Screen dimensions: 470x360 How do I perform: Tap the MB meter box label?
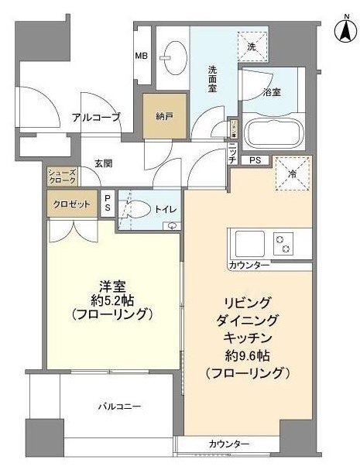tap(141, 56)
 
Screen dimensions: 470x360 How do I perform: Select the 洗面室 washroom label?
tap(216, 78)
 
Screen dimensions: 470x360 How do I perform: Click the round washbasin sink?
tap(171, 55)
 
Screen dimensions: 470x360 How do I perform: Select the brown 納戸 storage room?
tap(163, 117)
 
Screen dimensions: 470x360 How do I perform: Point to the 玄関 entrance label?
tap(105, 163)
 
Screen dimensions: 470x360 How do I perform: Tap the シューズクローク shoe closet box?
tap(62, 175)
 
